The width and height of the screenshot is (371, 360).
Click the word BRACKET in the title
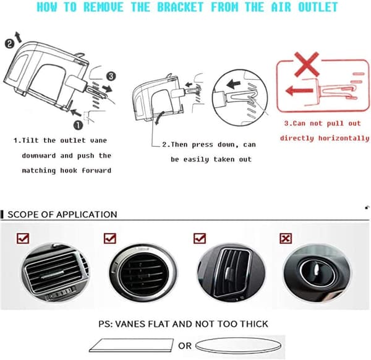(x=181, y=7)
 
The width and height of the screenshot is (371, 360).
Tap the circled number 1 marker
(x=79, y=125)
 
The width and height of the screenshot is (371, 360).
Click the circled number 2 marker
(x=9, y=44)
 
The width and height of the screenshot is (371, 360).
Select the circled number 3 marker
(x=111, y=76)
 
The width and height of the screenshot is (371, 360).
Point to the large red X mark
(x=307, y=64)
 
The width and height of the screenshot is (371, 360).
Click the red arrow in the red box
(x=299, y=90)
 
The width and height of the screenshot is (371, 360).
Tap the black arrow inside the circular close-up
(x=233, y=84)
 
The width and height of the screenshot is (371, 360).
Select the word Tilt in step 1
(x=30, y=140)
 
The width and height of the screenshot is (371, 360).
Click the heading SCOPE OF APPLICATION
(x=62, y=215)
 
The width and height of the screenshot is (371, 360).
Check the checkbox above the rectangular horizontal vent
(x=23, y=238)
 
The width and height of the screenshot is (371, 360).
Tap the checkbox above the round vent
(x=110, y=238)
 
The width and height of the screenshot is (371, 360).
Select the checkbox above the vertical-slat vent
(x=200, y=238)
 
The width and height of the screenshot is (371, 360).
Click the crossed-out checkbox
(x=286, y=238)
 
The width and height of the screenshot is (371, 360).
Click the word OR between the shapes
(x=185, y=346)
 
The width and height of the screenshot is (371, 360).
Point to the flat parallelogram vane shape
(x=131, y=345)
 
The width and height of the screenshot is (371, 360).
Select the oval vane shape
(x=238, y=346)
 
